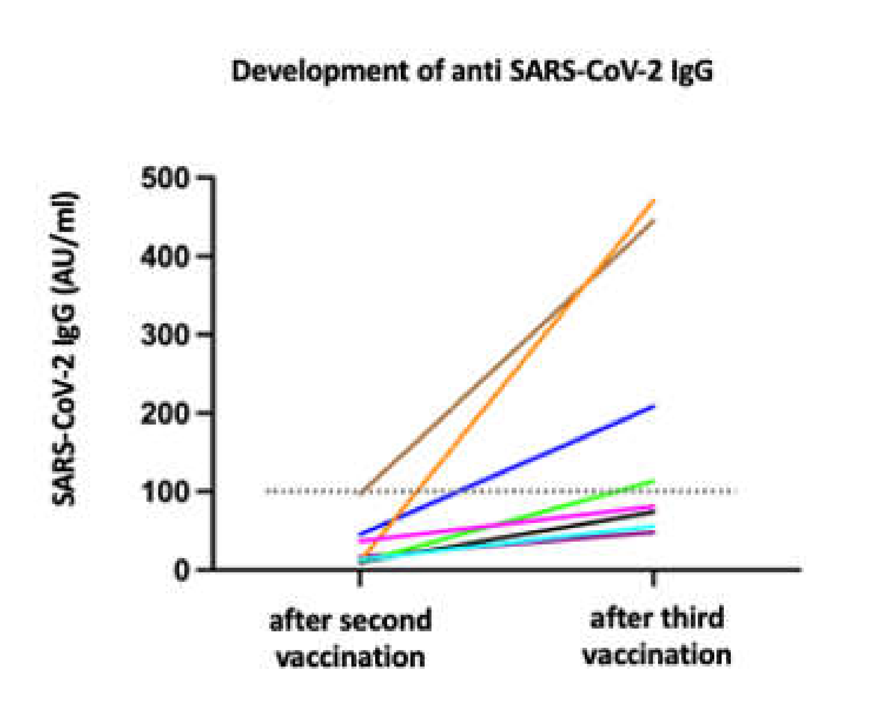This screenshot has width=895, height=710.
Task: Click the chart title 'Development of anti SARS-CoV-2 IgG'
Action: tap(472, 72)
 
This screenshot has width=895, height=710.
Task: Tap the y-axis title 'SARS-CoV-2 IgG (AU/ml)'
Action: tap(65, 349)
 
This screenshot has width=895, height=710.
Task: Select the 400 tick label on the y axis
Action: tap(165, 256)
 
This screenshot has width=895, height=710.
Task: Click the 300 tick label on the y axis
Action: tap(165, 335)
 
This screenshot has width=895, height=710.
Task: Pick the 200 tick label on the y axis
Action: tap(165, 414)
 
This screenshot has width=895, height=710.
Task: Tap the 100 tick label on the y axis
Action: tap(165, 492)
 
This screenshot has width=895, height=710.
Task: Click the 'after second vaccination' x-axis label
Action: tap(351, 639)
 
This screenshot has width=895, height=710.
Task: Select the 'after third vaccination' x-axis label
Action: tap(657, 636)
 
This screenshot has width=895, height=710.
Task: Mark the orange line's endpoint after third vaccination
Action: tap(653, 201)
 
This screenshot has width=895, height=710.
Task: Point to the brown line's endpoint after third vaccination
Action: tap(653, 221)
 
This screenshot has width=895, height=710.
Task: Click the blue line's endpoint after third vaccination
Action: tap(653, 406)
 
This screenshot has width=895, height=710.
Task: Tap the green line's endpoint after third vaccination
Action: tap(653, 481)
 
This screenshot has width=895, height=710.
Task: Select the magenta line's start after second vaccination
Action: tap(361, 540)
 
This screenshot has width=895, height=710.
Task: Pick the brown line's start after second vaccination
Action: tap(361, 493)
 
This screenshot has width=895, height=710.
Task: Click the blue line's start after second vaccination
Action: tap(361, 533)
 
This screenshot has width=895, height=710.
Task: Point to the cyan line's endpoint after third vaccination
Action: tap(653, 526)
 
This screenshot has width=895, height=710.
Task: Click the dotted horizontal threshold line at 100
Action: tap(549, 492)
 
